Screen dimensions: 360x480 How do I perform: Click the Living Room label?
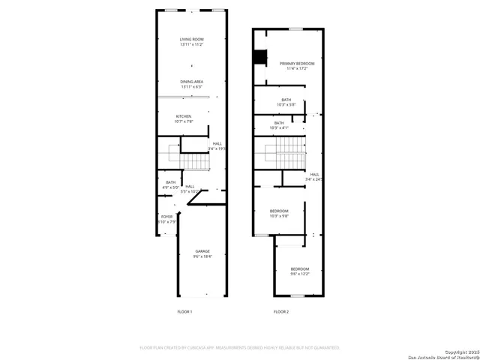pyautogui.click(x=191, y=42)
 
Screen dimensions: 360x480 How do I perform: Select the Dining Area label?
pyautogui.click(x=191, y=84)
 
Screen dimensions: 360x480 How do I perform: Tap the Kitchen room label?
pyautogui.click(x=184, y=118)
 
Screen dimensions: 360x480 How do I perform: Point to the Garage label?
pyautogui.click(x=202, y=253)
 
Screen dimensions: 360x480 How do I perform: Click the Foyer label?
pyautogui.click(x=166, y=219)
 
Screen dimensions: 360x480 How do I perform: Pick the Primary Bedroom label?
pyautogui.click(x=297, y=66)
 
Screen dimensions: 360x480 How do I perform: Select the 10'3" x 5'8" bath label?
pyautogui.click(x=286, y=102)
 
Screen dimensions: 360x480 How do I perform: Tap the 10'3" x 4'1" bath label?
pyautogui.click(x=279, y=125)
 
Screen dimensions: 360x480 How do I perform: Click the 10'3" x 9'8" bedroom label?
pyautogui.click(x=279, y=214)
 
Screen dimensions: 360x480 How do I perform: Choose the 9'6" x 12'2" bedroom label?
pyautogui.click(x=300, y=271)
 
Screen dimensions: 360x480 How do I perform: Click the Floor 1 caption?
pyautogui.click(x=184, y=311)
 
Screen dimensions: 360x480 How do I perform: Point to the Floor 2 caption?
pyautogui.click(x=280, y=311)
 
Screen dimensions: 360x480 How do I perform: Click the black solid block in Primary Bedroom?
pyautogui.click(x=261, y=57)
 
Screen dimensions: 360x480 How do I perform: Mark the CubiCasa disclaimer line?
pyautogui.click(x=240, y=348)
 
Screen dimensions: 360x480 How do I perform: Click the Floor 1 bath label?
pyautogui.click(x=170, y=184)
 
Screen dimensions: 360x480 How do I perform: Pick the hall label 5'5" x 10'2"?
pyautogui.click(x=190, y=189)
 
